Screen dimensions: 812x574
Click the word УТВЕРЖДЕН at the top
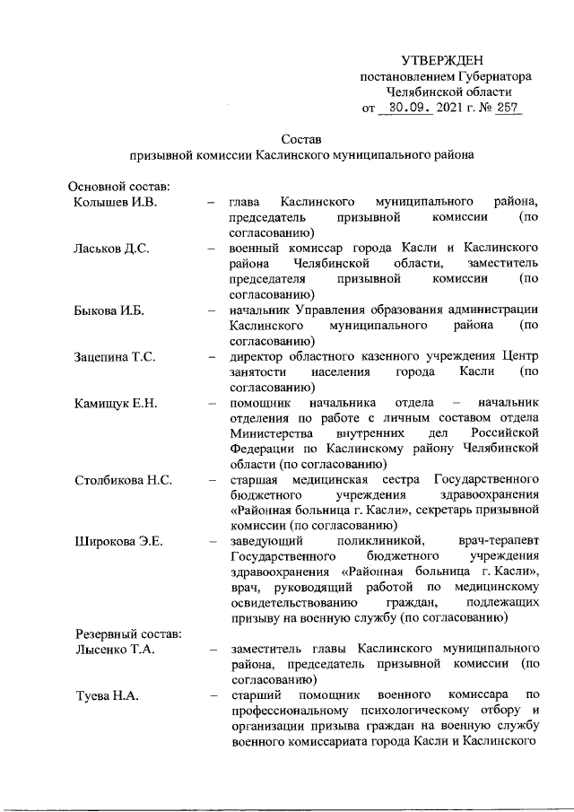445,59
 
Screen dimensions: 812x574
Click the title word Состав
300,139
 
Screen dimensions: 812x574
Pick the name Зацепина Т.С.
116,356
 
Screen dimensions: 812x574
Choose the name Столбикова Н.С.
123,480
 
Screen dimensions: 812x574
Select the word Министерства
271,433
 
